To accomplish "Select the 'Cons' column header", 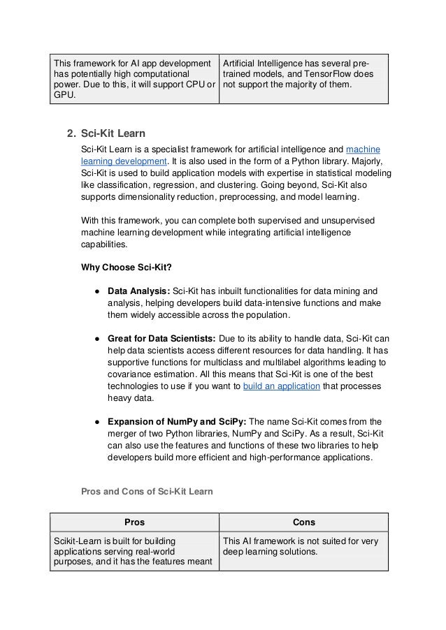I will tap(303, 522).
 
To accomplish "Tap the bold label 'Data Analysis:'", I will tap(138, 290).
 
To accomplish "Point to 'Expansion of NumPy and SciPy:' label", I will tap(177, 421).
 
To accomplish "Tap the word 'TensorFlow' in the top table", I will tap(327, 74).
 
